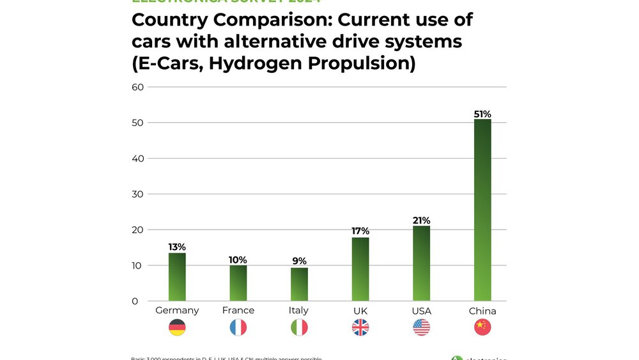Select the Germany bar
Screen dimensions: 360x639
pos(177,277)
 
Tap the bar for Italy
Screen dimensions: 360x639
pos(299,284)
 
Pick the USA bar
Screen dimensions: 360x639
pos(421,263)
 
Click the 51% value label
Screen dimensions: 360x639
pos(482,114)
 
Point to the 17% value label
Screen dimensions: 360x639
pos(360,231)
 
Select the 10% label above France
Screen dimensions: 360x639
pos(238,260)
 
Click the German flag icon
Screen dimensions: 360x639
pos(177,328)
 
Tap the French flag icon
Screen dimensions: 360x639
pos(238,328)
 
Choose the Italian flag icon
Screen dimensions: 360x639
pos(299,328)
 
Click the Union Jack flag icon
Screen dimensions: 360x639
pos(360,328)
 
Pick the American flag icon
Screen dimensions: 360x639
pos(421,328)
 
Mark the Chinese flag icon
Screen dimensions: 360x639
pos(482,328)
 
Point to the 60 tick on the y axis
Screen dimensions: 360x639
pos(137,87)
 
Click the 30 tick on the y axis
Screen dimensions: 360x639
pos(137,194)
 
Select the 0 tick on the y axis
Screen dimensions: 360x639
pos(134,301)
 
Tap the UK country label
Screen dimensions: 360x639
pos(360,311)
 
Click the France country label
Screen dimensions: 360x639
pos(238,311)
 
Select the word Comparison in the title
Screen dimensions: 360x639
pos(268,20)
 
